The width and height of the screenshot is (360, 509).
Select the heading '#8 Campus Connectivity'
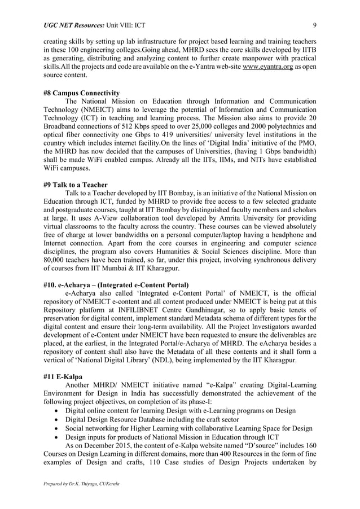81,93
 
